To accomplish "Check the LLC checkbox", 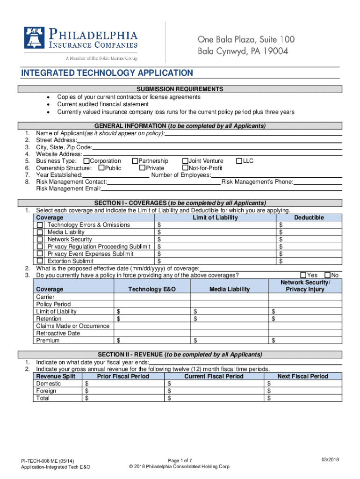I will [x=239, y=161].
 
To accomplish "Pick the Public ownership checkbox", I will [x=101, y=168].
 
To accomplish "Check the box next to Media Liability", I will [x=40, y=232].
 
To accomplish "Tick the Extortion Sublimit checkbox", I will [x=40, y=261].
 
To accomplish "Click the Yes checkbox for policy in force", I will [x=303, y=275].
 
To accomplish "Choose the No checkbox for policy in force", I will [x=328, y=275].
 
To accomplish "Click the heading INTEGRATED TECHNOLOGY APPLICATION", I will [x=107, y=73].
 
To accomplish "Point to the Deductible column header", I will [x=309, y=218].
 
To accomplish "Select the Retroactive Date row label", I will [x=58, y=333].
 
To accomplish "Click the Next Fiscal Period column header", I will [x=302, y=376].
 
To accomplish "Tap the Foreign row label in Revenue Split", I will [x=46, y=391].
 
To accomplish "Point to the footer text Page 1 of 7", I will [x=180, y=460].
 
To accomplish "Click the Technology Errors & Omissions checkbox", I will [x=40, y=225].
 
